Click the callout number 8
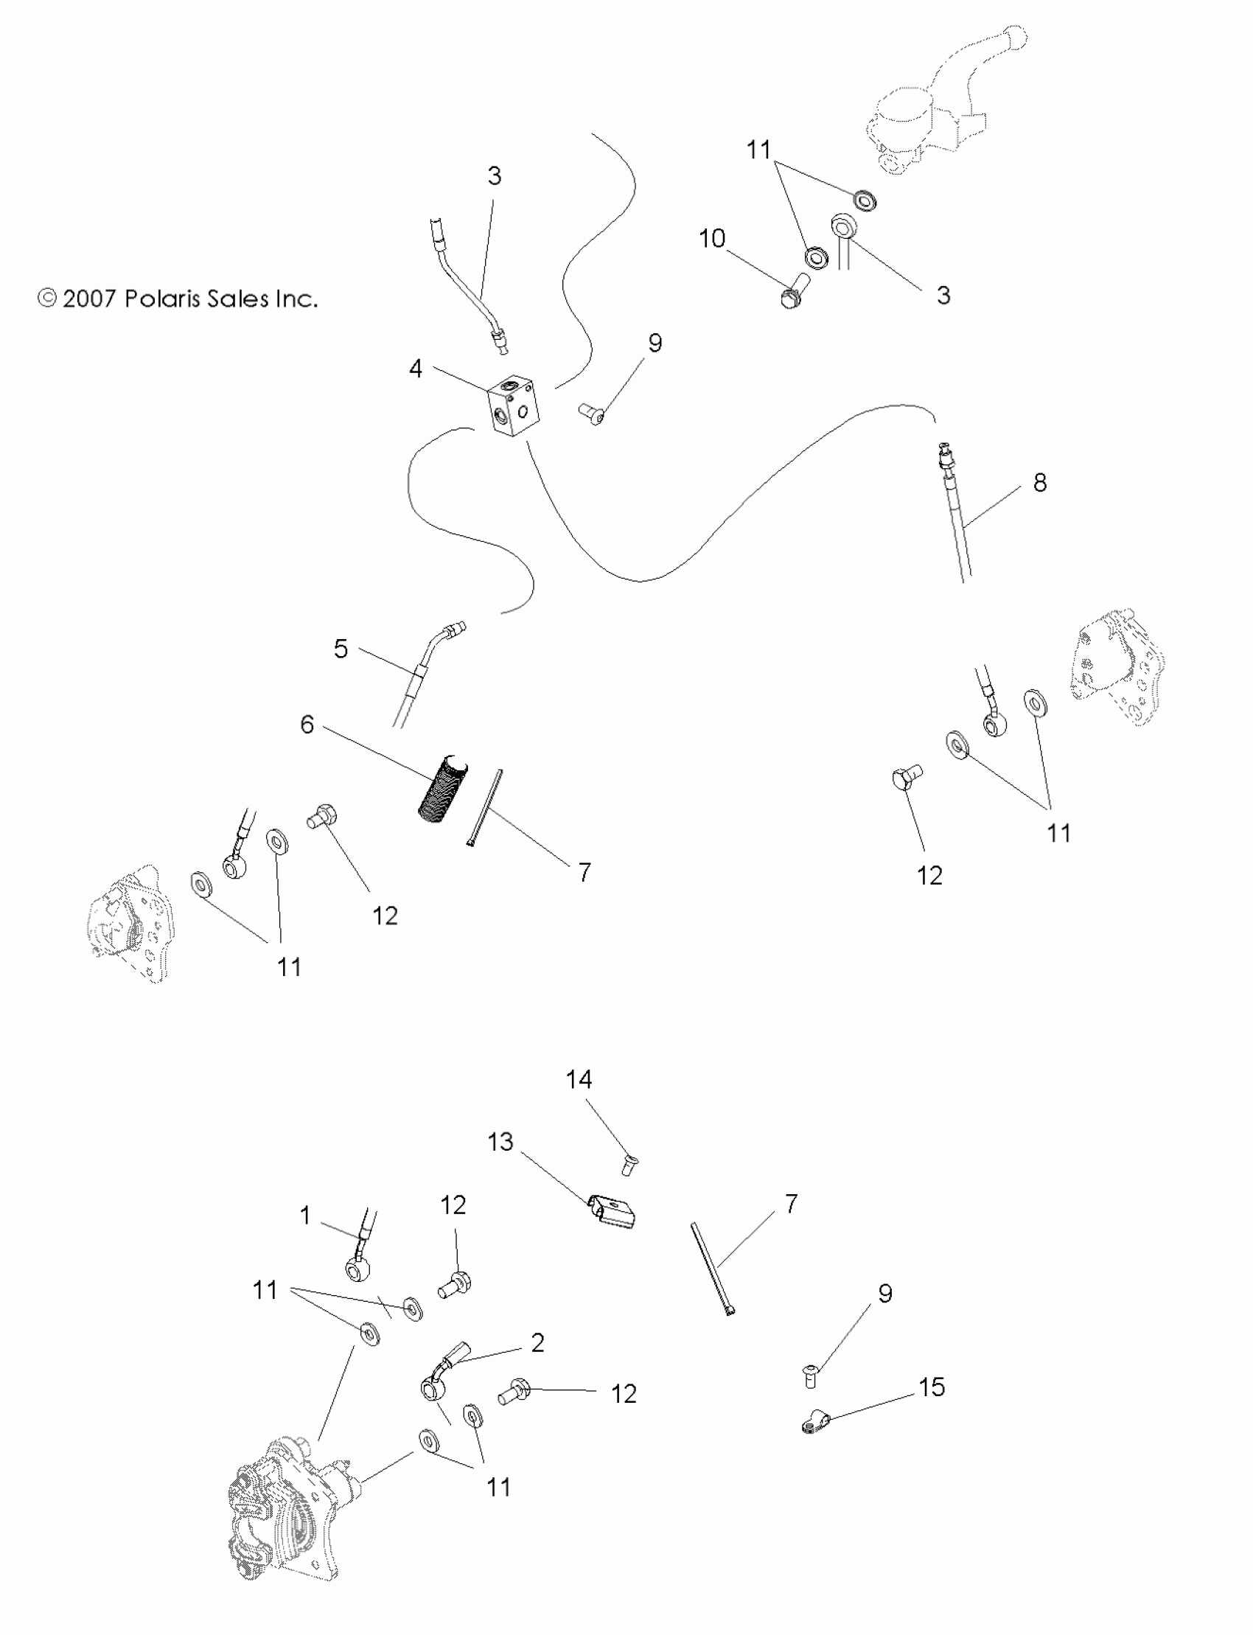tap(1040, 483)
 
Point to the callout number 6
tap(307, 725)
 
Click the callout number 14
tap(579, 1079)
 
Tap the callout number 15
tap(932, 1387)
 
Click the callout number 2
tap(538, 1342)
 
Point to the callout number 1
tap(305, 1216)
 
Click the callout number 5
tap(341, 649)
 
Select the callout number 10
tap(712, 239)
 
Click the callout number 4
tap(416, 369)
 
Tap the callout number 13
tap(500, 1142)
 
